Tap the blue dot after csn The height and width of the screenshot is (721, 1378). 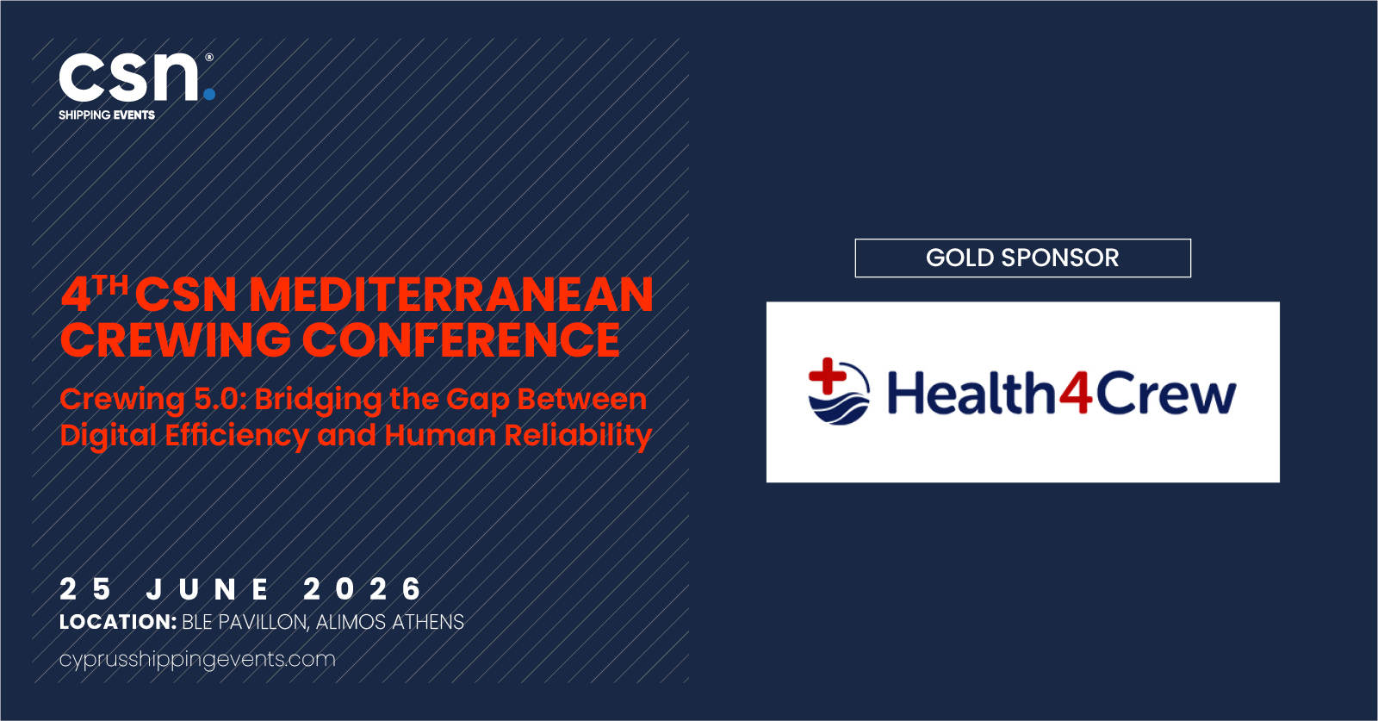click(209, 94)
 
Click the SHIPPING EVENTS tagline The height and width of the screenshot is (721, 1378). click(107, 115)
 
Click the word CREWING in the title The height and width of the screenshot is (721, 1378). click(176, 339)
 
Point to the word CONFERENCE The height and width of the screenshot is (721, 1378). click(462, 339)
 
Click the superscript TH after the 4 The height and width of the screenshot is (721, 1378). click(111, 285)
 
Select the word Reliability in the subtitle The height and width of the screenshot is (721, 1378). click(578, 436)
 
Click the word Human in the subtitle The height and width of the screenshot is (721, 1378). click(440, 435)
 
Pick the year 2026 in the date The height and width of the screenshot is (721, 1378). click(363, 589)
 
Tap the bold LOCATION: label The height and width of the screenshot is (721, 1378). click(118, 622)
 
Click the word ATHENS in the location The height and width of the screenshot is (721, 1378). click(428, 622)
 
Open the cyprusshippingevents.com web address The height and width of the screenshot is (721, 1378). click(197, 660)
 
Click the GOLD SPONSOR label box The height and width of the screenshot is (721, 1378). click(1022, 258)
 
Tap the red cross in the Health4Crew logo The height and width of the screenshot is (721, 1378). click(828, 376)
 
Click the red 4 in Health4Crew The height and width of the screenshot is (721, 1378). click(1076, 393)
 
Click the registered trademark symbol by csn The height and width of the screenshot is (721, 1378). click(209, 57)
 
